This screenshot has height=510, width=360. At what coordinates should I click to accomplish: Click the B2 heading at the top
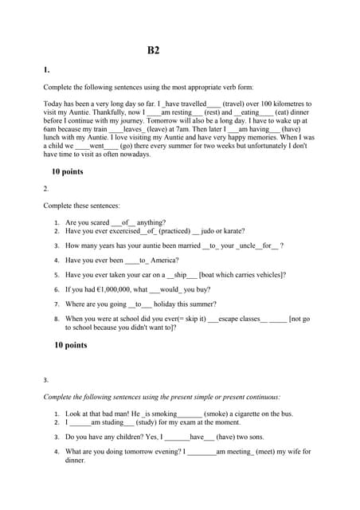click(x=154, y=50)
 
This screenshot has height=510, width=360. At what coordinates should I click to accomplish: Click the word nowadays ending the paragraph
click(x=131, y=155)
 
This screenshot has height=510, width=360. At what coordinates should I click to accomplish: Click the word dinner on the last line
click(x=75, y=460)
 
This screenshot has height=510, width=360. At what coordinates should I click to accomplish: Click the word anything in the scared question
click(x=151, y=223)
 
